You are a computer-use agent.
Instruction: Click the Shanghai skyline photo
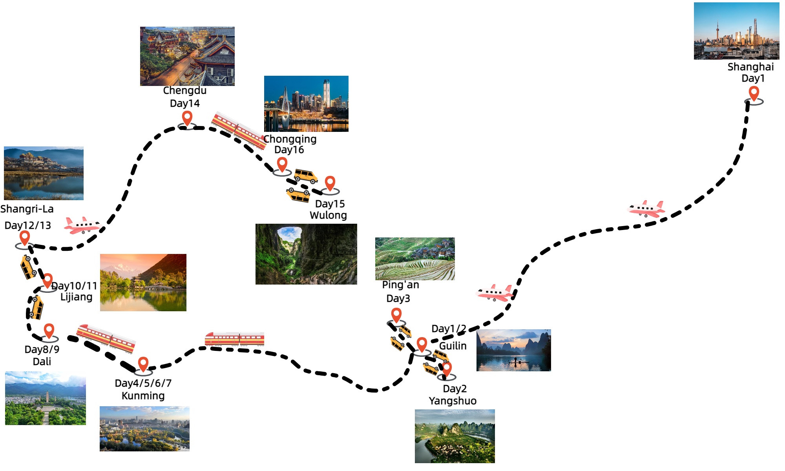(x=736, y=31)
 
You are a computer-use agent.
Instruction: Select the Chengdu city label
(x=184, y=91)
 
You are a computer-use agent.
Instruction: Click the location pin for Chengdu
(x=187, y=118)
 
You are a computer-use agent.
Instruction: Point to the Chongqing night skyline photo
(x=306, y=104)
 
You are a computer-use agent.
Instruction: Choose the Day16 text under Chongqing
(x=289, y=150)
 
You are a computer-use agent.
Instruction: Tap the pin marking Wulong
(x=330, y=183)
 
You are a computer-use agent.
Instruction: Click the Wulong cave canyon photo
(x=306, y=254)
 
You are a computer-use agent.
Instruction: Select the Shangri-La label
(x=27, y=209)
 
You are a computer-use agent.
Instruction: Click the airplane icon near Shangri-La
(x=82, y=225)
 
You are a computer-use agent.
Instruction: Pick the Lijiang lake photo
(x=143, y=283)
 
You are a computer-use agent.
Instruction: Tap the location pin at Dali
(x=49, y=331)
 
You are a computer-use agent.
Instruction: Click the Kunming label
(x=143, y=396)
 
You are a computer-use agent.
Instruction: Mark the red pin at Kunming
(x=143, y=364)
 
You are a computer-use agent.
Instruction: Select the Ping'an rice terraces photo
(x=415, y=259)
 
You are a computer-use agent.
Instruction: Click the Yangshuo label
(x=453, y=401)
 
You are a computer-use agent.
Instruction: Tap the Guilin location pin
(x=422, y=344)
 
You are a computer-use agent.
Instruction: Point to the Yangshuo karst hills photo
(x=455, y=436)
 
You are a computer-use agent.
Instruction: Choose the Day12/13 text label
(x=28, y=226)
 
